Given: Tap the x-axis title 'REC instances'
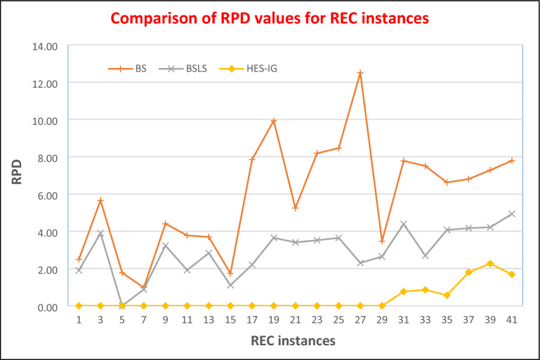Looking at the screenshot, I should click(x=294, y=340).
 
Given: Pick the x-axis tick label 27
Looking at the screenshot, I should click(x=360, y=319).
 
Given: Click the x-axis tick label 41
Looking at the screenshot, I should click(x=512, y=319).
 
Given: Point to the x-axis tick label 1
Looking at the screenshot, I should click(x=79, y=319).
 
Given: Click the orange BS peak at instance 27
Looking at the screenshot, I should click(x=360, y=73).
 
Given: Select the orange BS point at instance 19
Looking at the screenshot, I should click(x=274, y=121).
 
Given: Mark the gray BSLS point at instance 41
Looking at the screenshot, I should click(x=512, y=214).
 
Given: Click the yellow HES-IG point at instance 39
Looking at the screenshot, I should click(x=490, y=264).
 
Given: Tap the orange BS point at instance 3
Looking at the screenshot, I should click(x=100, y=201).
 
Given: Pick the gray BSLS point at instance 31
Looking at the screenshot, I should click(x=404, y=224).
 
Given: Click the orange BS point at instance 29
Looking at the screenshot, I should click(x=382, y=241).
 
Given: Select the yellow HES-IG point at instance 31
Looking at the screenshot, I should click(x=404, y=292).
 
